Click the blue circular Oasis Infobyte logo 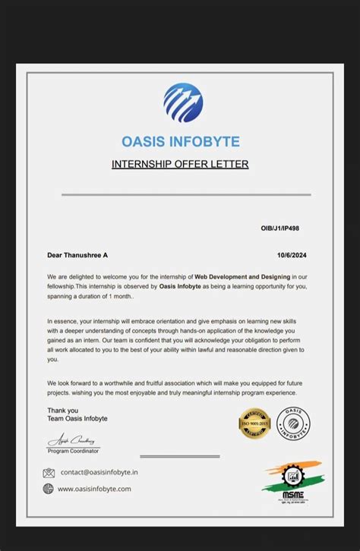[182, 103]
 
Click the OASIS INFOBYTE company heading [180, 142]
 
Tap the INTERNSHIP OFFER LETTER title [180, 164]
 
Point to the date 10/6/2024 [290, 255]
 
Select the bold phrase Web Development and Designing [242, 277]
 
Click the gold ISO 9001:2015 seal [254, 423]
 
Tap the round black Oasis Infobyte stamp [292, 423]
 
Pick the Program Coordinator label [73, 451]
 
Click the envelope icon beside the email [49, 473]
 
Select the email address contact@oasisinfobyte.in [99, 472]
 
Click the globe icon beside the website [49, 489]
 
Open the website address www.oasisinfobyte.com [94, 489]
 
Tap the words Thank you [62, 410]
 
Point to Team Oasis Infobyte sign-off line [77, 418]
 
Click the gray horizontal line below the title [185, 195]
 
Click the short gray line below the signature [180, 456]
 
